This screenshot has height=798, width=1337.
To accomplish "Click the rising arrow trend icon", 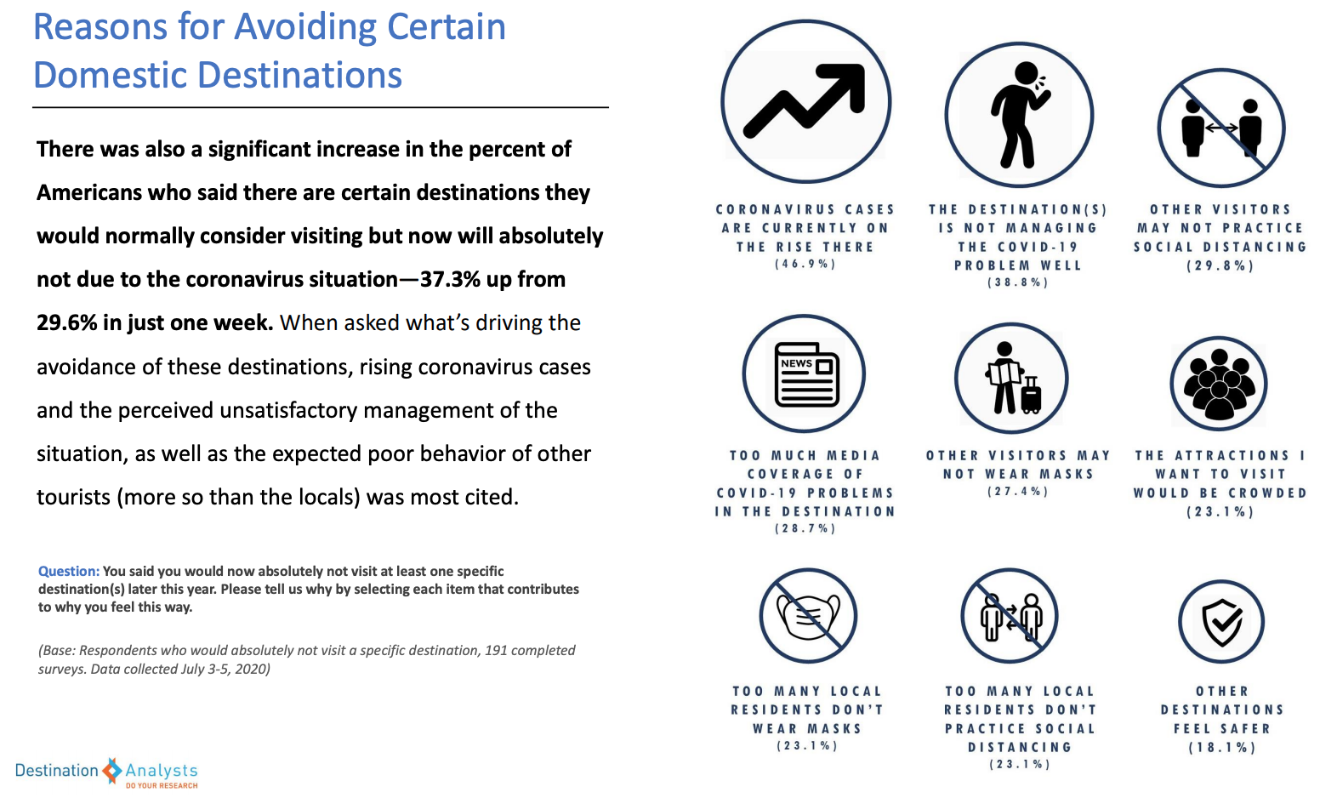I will (805, 101).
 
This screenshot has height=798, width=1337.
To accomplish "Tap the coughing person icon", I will (1019, 115).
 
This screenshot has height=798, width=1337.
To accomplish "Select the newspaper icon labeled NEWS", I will (805, 374).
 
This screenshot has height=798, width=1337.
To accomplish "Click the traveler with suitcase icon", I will (1011, 379).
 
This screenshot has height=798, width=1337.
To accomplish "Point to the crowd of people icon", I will (1219, 384).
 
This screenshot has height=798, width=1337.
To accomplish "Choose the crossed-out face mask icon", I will (808, 616).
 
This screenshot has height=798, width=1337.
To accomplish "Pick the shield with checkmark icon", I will (1221, 622).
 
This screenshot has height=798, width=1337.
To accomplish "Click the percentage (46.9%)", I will (805, 265).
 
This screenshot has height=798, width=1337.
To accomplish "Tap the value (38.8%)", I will (1018, 282).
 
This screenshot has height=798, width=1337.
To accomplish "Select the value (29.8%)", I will (1220, 265).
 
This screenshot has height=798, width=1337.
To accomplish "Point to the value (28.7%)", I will (805, 528).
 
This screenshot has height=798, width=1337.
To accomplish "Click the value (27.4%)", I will (1018, 492).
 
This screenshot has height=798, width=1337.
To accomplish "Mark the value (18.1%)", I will (1222, 747).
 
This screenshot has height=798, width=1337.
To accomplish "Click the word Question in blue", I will (68, 572).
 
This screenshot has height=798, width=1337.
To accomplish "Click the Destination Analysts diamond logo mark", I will (112, 771).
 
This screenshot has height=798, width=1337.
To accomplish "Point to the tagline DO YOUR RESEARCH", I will (162, 785).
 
